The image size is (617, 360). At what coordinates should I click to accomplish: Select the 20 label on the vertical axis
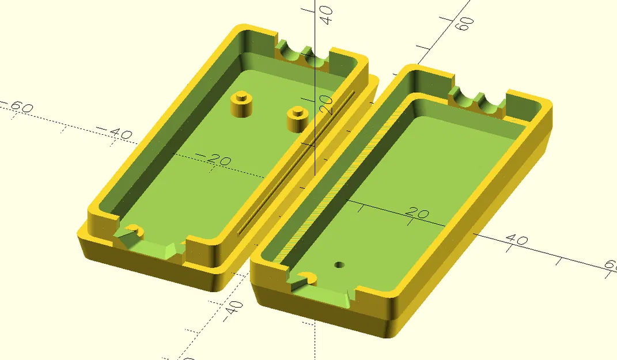(327, 105)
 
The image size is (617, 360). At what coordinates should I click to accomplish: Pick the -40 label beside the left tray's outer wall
(115, 134)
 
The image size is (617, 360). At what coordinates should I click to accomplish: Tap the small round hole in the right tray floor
(339, 265)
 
